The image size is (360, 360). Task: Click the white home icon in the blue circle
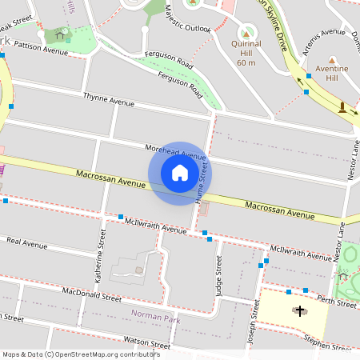(180, 173)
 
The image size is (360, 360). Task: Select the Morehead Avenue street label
(175, 151)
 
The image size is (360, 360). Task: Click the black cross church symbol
(300, 310)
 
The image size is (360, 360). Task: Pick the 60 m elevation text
(246, 62)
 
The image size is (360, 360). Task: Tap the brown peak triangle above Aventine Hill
(332, 60)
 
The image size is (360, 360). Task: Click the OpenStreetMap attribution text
(81, 354)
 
